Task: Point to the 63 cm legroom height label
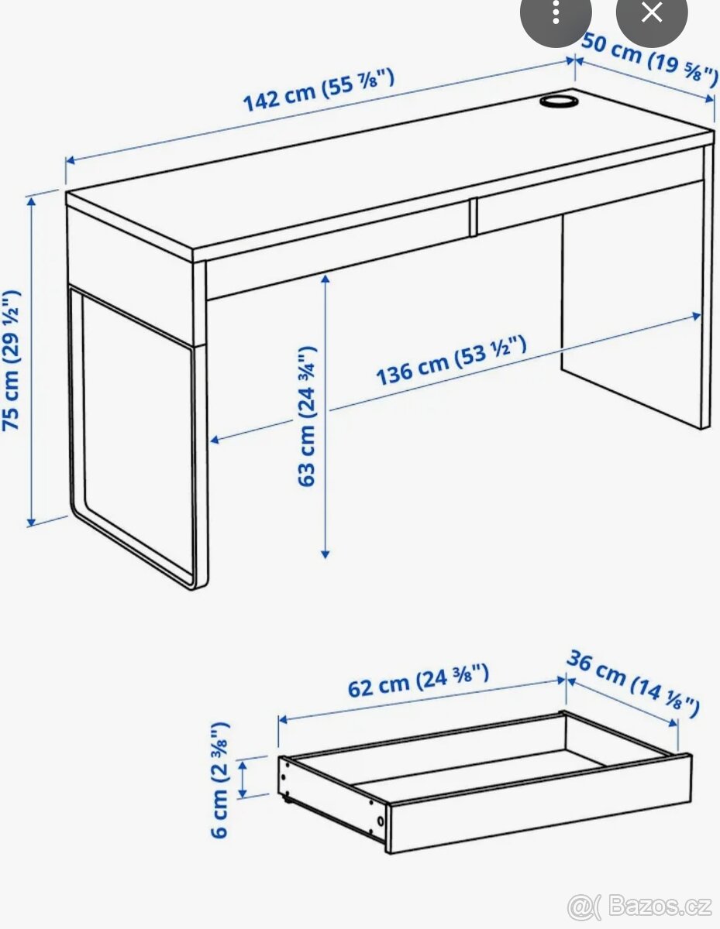[308, 416]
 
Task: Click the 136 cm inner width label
[452, 360]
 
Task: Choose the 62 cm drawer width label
[418, 680]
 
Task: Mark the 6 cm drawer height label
[220, 779]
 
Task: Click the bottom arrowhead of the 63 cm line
[326, 554]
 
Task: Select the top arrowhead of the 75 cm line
[32, 201]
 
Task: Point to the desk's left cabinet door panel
[136, 418]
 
